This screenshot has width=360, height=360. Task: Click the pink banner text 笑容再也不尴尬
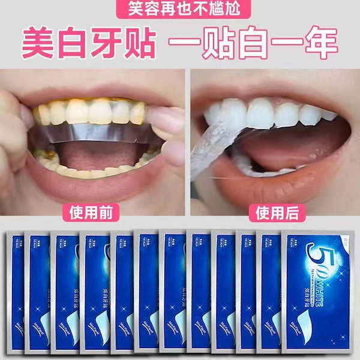(x=180, y=9)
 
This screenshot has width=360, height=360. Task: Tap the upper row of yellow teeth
(x=90, y=113)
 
